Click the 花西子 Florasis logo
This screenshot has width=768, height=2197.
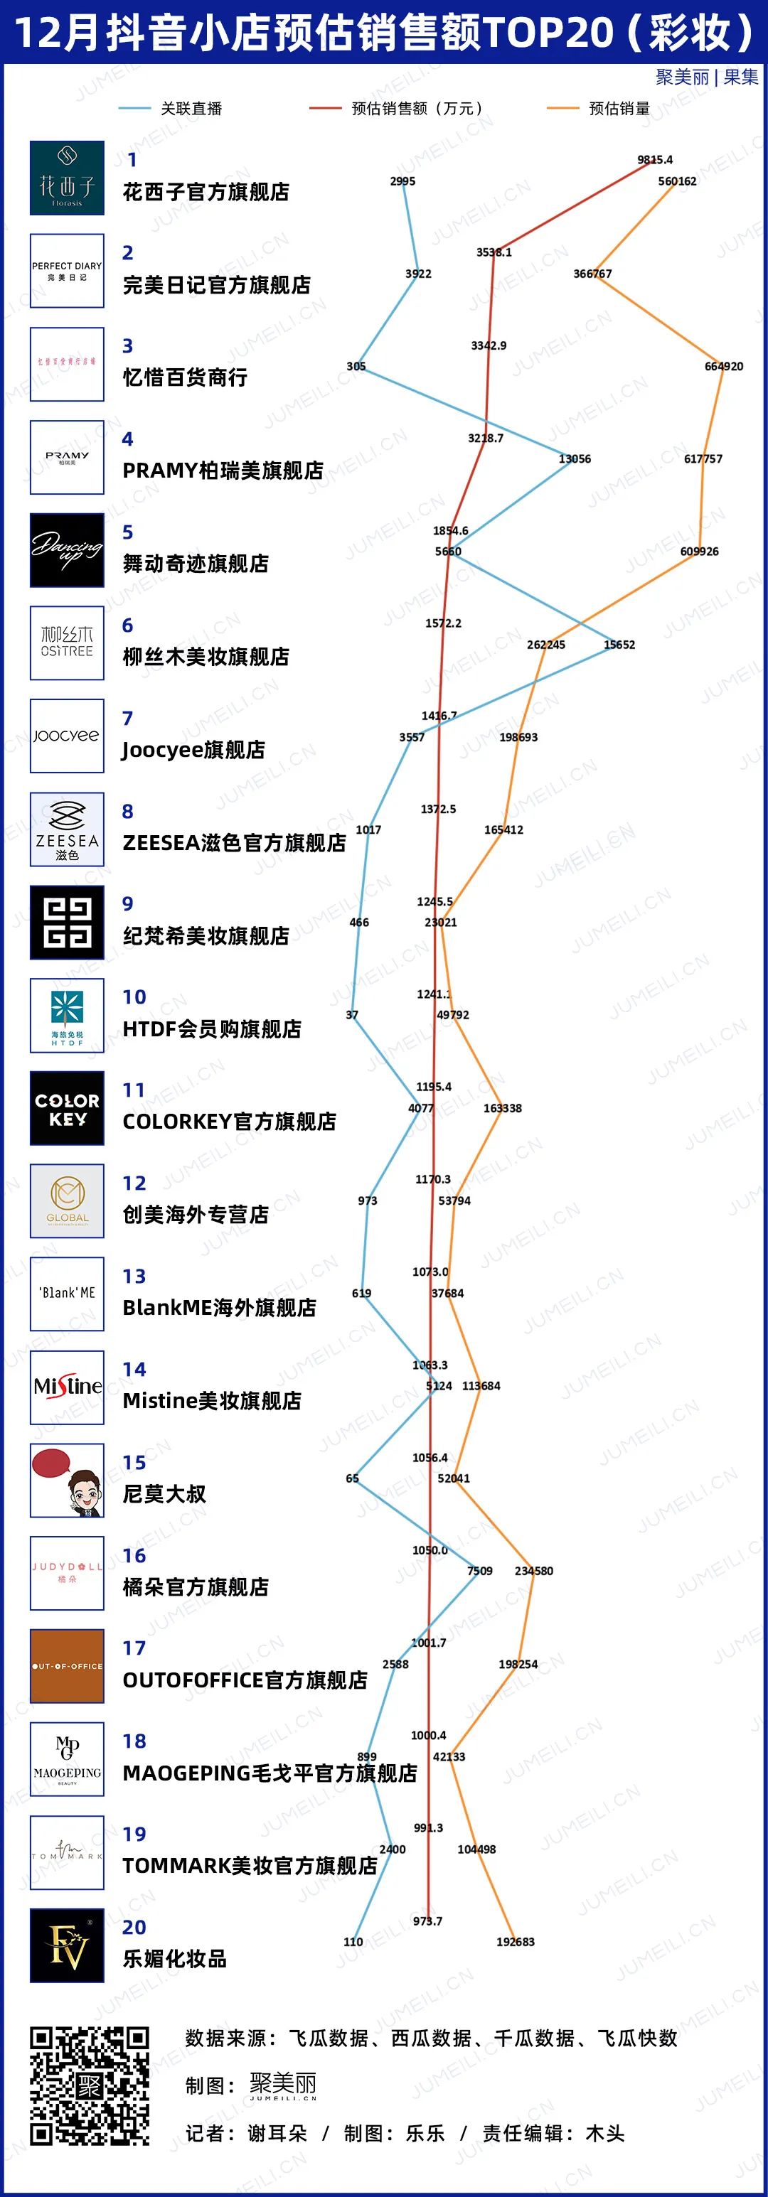68,178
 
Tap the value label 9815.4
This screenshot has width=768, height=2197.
654,159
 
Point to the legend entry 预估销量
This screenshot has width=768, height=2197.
619,108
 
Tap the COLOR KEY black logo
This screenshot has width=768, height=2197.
68,1108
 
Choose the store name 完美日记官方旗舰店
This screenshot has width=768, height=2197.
217,285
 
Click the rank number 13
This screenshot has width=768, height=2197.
134,1276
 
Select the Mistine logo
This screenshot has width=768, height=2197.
68,1387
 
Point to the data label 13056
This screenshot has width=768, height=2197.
575,459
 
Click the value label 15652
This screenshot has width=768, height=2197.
619,645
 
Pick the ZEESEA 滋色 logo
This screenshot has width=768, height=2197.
68,829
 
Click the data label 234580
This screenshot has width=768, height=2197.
533,1571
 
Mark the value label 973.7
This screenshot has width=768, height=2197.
427,1921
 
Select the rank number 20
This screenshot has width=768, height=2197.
134,1927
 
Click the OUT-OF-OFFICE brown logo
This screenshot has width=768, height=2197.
68,1665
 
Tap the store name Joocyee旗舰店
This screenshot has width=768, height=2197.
193,750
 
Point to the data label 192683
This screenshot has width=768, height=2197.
516,1942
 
